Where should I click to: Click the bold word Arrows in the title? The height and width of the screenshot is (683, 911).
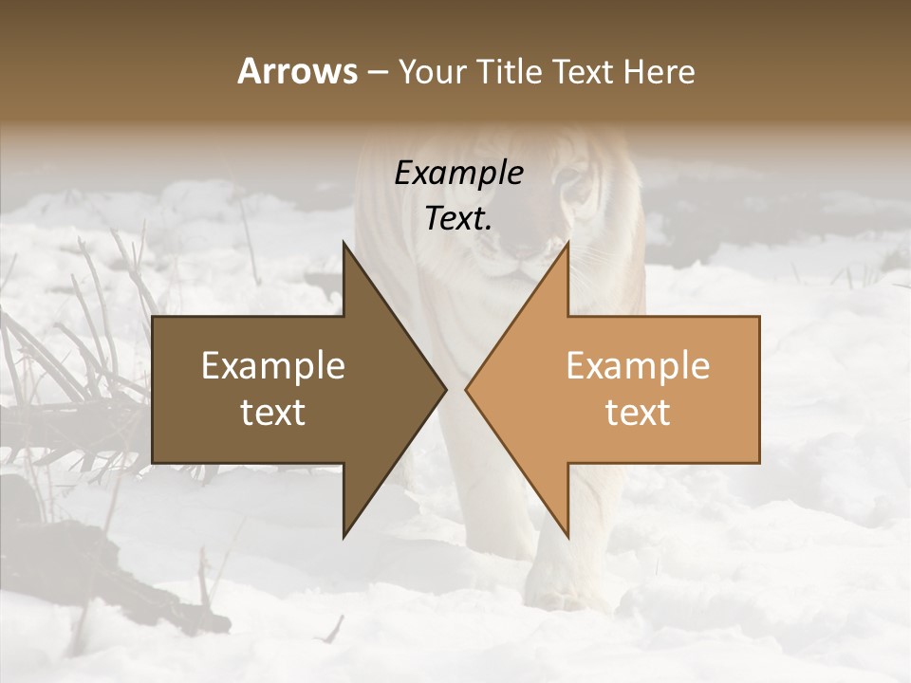[297, 71]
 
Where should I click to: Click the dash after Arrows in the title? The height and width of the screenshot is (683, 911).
[379, 73]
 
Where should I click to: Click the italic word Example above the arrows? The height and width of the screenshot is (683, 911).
[458, 174]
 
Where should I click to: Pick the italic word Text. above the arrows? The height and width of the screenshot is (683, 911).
[458, 218]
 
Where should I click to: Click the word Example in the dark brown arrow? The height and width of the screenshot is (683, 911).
[273, 365]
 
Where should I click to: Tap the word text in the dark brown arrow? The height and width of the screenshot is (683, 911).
[273, 413]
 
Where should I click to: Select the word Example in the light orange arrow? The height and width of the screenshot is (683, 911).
[638, 365]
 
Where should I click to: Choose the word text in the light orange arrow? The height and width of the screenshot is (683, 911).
[638, 413]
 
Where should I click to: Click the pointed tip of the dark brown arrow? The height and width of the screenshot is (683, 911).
[444, 389]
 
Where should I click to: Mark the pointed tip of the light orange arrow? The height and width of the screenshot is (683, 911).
[468, 389]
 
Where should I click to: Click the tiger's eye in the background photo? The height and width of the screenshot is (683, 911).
[573, 182]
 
